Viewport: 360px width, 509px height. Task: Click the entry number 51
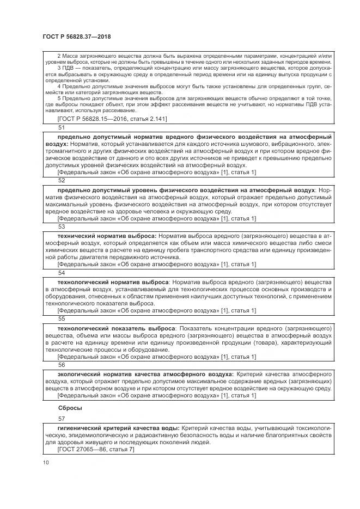coord(61,127)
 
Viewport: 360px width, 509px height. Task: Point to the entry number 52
coord(61,180)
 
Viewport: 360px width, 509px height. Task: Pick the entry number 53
coord(61,226)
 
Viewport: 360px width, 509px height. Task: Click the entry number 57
coord(61,419)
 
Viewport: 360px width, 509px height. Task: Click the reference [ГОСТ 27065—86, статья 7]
coord(95,449)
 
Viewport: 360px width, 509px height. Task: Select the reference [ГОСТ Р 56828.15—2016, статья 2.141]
coord(112,118)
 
